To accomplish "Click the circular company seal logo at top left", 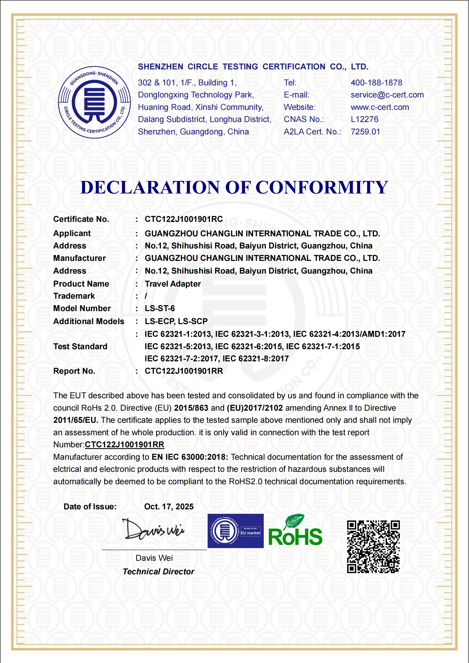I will click(95, 102).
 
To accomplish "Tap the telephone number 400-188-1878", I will click(376, 83).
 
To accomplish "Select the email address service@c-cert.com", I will click(387, 95).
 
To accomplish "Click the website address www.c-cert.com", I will click(380, 107).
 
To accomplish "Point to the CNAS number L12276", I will click(364, 119).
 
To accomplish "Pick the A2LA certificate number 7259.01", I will click(365, 132).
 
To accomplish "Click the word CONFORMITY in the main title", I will click(322, 187).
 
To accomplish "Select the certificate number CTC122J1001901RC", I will click(184, 219).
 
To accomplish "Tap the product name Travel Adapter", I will click(173, 284).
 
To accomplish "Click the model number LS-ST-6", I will click(160, 308).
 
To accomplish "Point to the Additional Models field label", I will click(89, 321).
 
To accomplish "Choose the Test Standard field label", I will click(80, 347).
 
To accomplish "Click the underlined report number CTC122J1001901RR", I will click(125, 445).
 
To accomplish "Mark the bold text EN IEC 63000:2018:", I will click(190, 457).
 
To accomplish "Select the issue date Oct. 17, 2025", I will click(169, 507).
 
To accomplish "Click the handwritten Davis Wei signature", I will click(153, 530).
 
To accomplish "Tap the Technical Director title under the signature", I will click(159, 572).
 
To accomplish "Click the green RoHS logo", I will click(295, 532).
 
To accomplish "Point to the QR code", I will click(373, 547).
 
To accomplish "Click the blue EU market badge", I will click(236, 531).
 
